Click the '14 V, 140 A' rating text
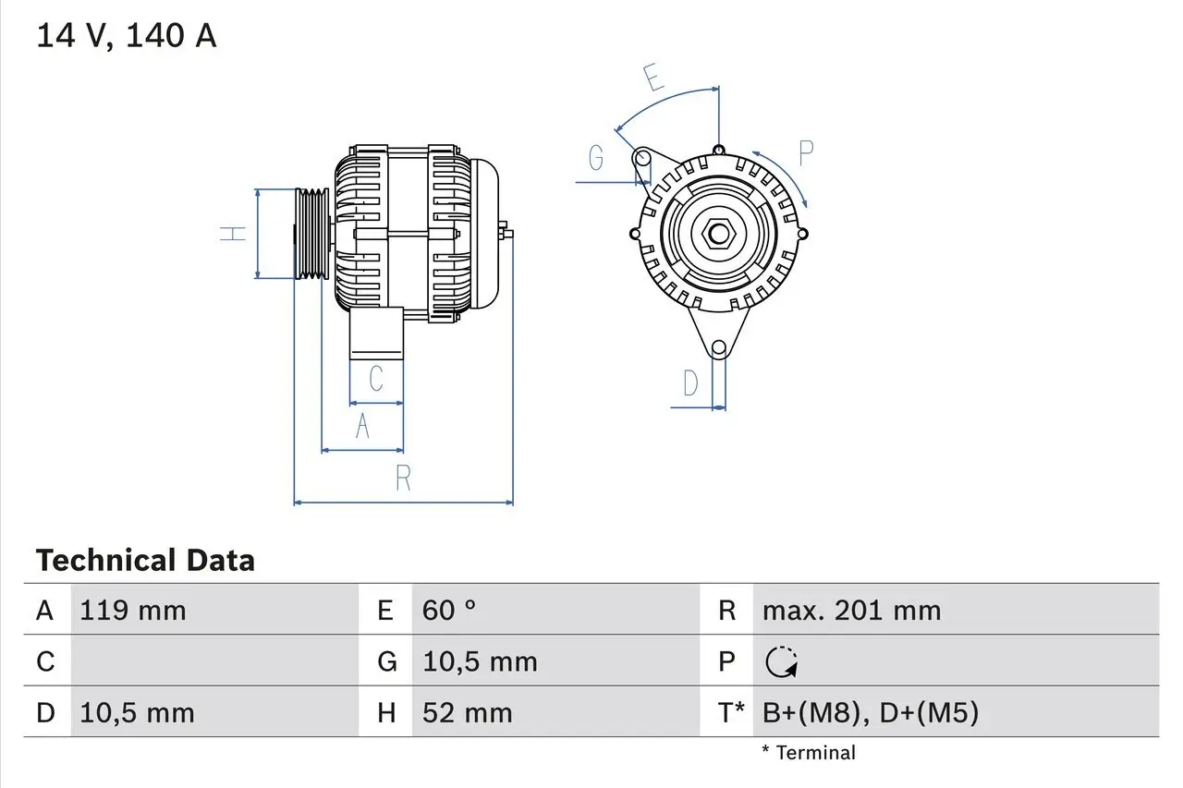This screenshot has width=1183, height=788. tap(127, 36)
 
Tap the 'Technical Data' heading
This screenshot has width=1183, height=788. tap(145, 561)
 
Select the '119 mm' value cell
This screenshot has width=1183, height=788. tap(133, 611)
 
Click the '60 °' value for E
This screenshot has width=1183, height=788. tap(449, 611)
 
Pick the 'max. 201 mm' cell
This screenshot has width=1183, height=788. tap(851, 611)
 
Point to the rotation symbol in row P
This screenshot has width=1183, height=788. tap(782, 662)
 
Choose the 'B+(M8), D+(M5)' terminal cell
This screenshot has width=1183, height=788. tap(870, 712)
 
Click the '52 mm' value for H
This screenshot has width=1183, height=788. tap(467, 712)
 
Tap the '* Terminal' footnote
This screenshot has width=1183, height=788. tap(809, 753)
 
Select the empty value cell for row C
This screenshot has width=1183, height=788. tap(213, 661)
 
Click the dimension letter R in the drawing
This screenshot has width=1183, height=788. tap(403, 479)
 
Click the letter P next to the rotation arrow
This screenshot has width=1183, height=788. tap(805, 154)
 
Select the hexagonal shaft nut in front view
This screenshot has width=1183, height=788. tap(718, 233)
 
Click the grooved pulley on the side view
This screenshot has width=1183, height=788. tap(311, 233)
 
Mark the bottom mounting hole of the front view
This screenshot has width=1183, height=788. tap(718, 348)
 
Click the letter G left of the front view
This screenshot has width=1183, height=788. tap(596, 159)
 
